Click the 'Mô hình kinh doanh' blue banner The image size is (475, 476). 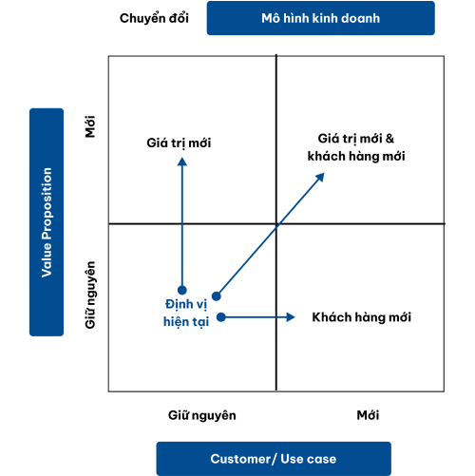321,18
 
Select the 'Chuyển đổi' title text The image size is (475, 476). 154,18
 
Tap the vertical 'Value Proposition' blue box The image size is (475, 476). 47,222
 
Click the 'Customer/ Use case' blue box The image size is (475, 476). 274,459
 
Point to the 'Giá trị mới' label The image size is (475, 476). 179,143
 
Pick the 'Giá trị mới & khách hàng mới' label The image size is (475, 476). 356,147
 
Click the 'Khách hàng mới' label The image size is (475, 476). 362,317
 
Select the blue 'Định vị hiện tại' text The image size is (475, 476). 186,314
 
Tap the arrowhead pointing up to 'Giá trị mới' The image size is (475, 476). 182,162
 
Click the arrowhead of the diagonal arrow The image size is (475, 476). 320,177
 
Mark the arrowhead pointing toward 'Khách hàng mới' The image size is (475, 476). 291,317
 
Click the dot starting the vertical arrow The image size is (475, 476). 182,290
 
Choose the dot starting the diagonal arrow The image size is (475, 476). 217,296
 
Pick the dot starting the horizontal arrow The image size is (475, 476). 221,317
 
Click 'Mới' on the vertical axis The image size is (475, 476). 90,126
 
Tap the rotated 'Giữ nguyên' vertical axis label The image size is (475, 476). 90,295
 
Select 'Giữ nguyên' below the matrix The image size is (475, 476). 202,415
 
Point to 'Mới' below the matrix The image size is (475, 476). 368,415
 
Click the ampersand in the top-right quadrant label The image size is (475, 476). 389,139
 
